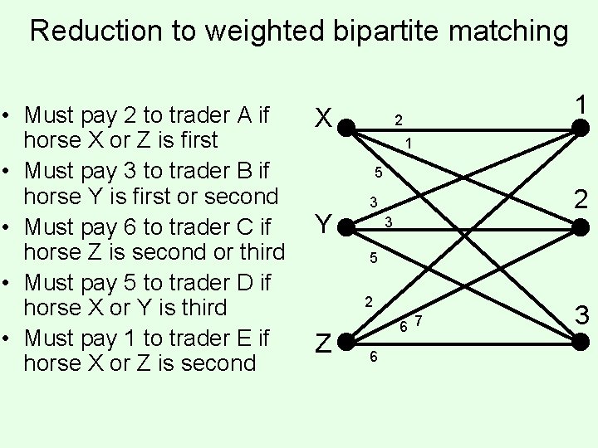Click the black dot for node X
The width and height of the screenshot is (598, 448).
click(x=348, y=127)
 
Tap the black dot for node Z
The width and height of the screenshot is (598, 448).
click(x=348, y=340)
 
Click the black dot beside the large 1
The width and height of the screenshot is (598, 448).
click(x=582, y=127)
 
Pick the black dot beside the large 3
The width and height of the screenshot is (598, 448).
click(x=582, y=339)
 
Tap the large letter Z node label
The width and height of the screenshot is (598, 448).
click(x=324, y=342)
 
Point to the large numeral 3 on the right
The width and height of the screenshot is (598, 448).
click(x=582, y=316)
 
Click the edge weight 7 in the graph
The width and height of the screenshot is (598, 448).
click(x=419, y=321)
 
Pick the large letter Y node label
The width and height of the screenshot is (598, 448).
click(x=324, y=222)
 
